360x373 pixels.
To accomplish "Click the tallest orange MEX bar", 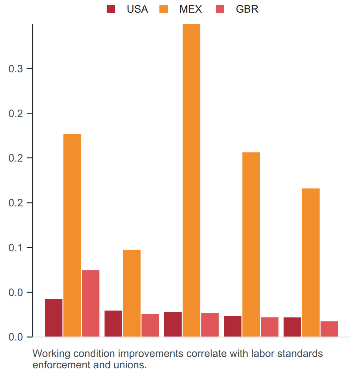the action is tap(191, 180).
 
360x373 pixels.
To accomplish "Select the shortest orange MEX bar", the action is tap(132, 293).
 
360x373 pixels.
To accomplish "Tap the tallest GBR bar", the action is tap(91, 303).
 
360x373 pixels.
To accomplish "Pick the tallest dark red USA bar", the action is tap(54, 318).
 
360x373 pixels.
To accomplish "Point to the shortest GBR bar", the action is tap(329, 329).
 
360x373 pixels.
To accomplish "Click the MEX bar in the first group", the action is tap(72, 235).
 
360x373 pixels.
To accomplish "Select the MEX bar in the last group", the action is tap(311, 262).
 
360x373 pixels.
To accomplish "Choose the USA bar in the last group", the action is tap(292, 327).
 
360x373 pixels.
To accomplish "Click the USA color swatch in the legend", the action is tap(111, 9).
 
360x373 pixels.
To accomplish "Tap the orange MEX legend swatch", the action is tap(163, 9).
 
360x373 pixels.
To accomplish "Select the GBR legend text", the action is tap(247, 9).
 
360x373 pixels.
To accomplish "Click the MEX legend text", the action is tap(190, 9).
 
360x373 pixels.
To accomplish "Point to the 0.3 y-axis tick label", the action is tap(16, 68).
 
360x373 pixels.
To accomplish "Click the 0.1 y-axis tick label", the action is tap(16, 248).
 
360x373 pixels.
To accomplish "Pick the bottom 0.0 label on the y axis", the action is tap(16, 337).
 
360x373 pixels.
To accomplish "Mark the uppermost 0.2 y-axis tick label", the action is tap(16, 113).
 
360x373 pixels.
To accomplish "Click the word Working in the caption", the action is tap(51, 354).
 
